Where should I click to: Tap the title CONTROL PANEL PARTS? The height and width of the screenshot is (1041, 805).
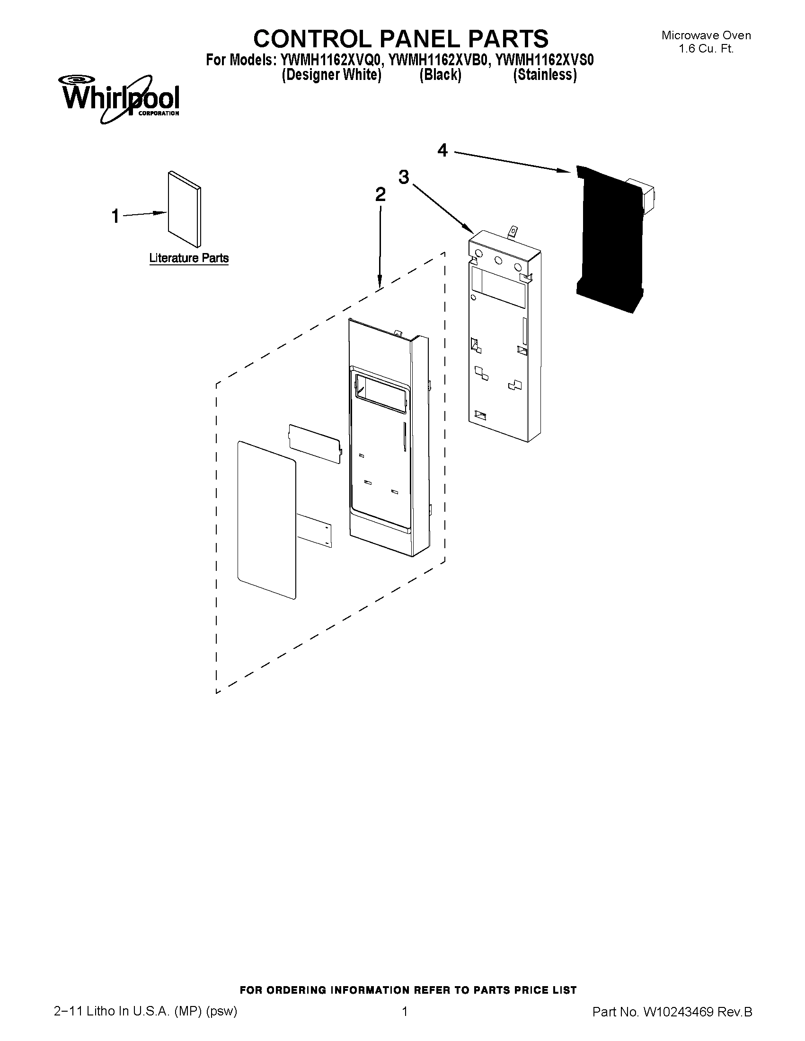click(x=400, y=39)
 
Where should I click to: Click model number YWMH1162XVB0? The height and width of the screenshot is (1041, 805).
click(x=440, y=61)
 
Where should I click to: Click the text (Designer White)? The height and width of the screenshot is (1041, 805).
click(x=331, y=75)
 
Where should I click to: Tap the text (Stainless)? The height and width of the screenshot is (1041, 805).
click(x=545, y=75)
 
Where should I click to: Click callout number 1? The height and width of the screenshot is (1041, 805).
click(x=115, y=217)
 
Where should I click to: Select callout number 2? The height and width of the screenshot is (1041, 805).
click(x=380, y=194)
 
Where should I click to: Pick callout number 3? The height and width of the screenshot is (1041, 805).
click(x=404, y=177)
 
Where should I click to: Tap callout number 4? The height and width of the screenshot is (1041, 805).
click(x=442, y=150)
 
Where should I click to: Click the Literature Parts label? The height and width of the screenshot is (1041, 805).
click(x=189, y=258)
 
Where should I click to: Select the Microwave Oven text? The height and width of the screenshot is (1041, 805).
click(x=706, y=35)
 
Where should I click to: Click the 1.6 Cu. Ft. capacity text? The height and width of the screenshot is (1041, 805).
click(x=706, y=48)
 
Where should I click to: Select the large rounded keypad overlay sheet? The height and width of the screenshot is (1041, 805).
click(x=266, y=519)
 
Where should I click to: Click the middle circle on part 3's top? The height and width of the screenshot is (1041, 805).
click(x=498, y=260)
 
